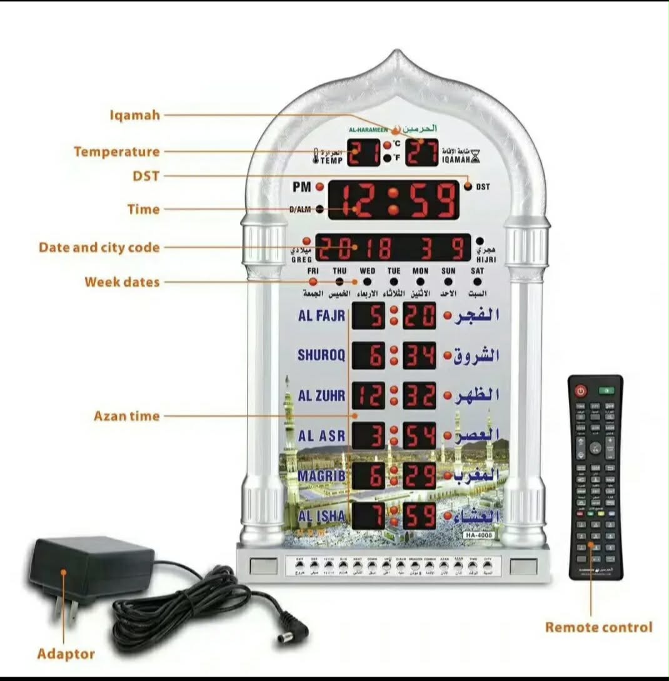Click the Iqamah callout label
click(x=135, y=115)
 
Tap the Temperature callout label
click(x=117, y=152)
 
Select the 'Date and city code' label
click(x=99, y=248)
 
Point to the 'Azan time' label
click(x=127, y=416)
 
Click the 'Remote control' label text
click(x=598, y=627)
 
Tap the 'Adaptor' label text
click(x=66, y=654)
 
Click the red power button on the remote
click(x=581, y=391)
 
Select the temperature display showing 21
click(x=363, y=153)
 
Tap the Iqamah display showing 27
click(x=421, y=153)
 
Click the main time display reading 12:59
click(x=394, y=200)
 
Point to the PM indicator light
click(x=319, y=187)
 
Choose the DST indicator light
click(x=468, y=186)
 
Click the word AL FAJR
click(x=321, y=316)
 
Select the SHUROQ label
click(x=321, y=356)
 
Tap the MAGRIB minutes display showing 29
click(x=419, y=476)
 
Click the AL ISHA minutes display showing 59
click(x=419, y=516)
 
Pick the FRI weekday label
click(x=313, y=271)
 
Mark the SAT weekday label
click(x=477, y=271)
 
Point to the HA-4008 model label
click(x=479, y=535)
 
